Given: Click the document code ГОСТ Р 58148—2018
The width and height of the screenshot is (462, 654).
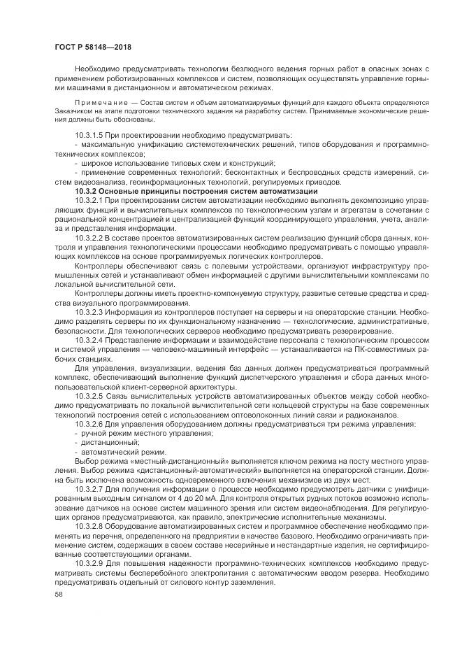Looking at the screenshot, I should point(93,47).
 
